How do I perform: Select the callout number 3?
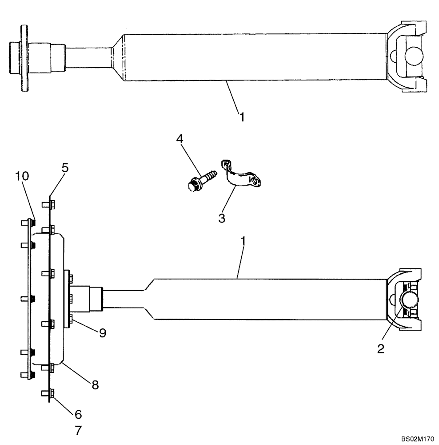pyautogui.click(x=221, y=218)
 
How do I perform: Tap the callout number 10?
pyautogui.click(x=22, y=176)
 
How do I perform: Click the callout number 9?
pyautogui.click(x=102, y=333)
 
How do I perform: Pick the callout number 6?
pyautogui.click(x=78, y=414)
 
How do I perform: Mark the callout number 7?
pyautogui.click(x=78, y=431)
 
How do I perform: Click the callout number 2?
pyautogui.click(x=381, y=349)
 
